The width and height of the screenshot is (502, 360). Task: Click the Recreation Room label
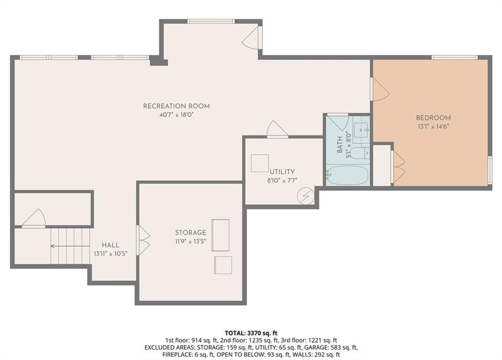176,106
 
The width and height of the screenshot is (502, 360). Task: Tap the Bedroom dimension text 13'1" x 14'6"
433,126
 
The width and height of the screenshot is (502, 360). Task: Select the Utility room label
282,171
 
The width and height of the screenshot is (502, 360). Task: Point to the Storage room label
191,233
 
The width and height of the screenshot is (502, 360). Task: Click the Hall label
110,245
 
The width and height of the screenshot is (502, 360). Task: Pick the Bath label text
340,144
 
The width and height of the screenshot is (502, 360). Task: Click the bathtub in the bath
348,175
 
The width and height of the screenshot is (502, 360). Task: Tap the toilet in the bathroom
359,153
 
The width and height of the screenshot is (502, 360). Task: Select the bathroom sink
361,130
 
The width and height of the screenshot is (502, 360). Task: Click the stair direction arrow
70,246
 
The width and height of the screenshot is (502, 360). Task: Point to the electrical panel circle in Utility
305,196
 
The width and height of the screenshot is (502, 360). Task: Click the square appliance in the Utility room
260,163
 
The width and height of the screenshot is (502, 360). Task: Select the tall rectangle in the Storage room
220,235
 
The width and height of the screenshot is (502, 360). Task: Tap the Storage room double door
143,240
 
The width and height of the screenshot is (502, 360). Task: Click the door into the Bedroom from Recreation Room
379,90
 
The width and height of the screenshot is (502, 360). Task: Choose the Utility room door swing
277,129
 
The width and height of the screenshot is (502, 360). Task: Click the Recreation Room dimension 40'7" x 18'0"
176,115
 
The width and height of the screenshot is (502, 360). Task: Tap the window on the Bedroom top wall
454,57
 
